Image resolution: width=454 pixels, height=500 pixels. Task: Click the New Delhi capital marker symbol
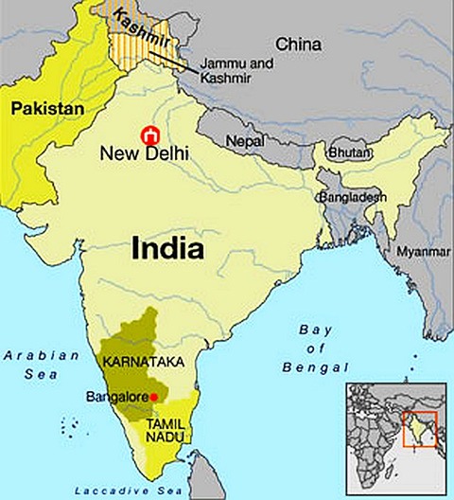[x=147, y=135]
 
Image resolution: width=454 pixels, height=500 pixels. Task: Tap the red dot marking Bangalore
[x=154, y=397]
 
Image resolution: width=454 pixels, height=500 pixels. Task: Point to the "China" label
[x=298, y=44]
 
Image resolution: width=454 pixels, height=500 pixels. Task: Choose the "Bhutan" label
[x=348, y=152]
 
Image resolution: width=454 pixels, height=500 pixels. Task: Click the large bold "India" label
[x=167, y=248]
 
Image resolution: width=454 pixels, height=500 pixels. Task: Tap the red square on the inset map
[x=419, y=428]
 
